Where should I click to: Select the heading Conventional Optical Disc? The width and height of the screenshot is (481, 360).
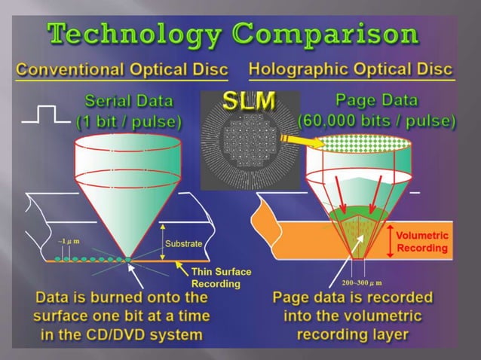pyautogui.click(x=123, y=69)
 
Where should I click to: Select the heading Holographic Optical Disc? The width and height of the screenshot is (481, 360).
pyautogui.click(x=351, y=69)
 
